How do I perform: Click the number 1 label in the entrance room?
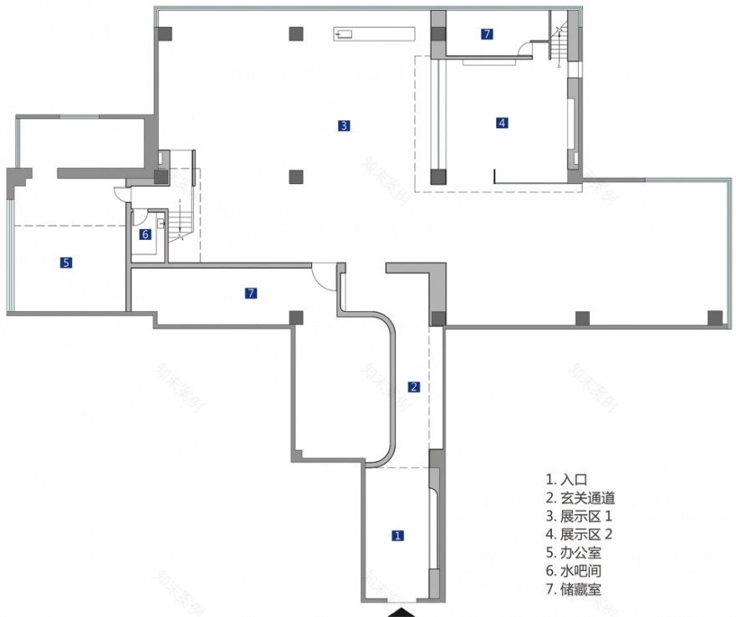click(398, 535)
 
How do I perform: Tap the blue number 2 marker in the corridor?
click(413, 386)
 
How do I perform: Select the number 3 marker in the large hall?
click(344, 126)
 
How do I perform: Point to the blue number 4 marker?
click(502, 123)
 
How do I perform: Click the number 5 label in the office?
click(66, 263)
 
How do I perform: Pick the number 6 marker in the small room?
click(145, 234)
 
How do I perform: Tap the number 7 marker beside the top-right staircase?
click(487, 34)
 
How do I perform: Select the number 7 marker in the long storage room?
click(251, 293)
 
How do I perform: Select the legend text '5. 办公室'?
click(574, 553)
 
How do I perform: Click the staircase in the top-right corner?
click(558, 41)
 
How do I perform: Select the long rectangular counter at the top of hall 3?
click(374, 33)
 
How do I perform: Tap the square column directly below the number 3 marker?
click(295, 176)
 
